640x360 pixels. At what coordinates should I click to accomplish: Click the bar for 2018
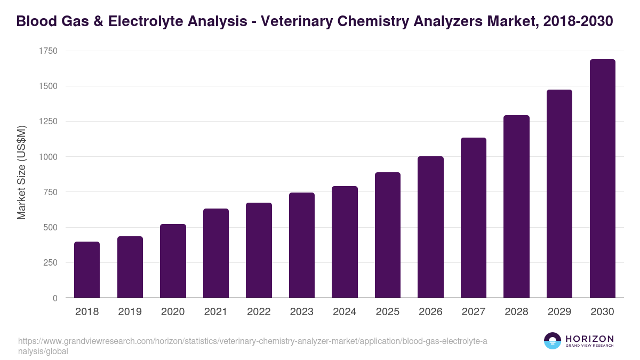pos(87,270)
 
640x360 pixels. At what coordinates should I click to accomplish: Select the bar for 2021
pos(216,253)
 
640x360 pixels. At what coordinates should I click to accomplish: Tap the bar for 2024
pos(345,242)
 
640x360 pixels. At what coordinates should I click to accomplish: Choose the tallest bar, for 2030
pos(602,179)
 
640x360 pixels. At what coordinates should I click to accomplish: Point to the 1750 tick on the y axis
pos(48,51)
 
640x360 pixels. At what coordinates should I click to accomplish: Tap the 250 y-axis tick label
pos(51,263)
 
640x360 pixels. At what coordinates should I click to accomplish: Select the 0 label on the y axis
pos(55,298)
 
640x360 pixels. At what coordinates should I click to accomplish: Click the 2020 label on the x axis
pos(173,312)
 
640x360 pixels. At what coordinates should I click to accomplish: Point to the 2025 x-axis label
pos(387,312)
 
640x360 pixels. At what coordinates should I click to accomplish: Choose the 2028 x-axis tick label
pos(516,312)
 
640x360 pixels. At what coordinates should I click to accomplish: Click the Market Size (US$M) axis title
pos(22,173)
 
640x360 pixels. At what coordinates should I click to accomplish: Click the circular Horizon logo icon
pos(552,341)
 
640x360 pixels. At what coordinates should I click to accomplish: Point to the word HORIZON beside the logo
pos(589,339)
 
